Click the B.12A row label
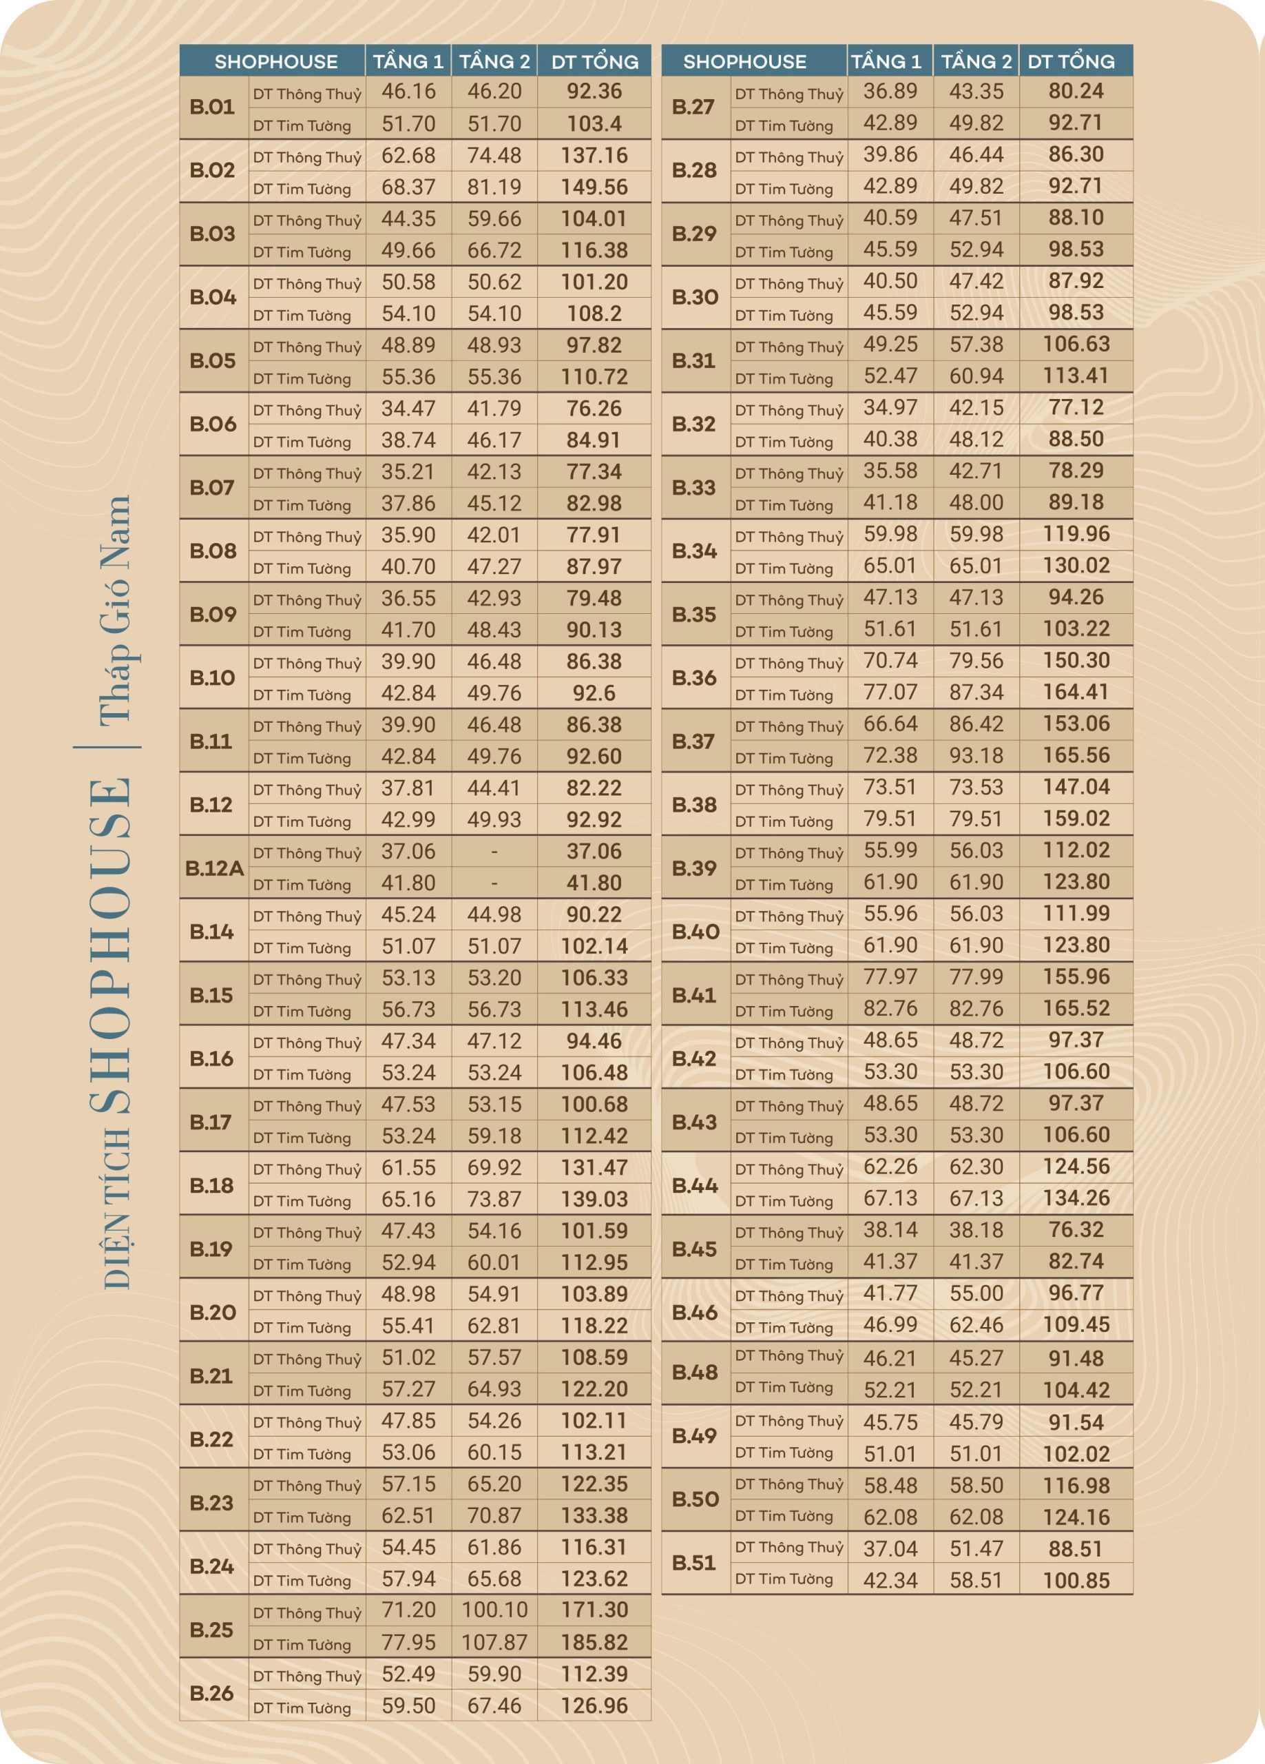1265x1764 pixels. (x=213, y=868)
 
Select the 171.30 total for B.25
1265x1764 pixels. (x=594, y=1610)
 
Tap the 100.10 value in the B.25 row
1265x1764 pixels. (x=494, y=1610)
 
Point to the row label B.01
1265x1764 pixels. (x=212, y=107)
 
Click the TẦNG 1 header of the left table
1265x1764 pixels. (x=408, y=61)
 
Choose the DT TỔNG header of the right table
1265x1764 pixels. (x=1071, y=61)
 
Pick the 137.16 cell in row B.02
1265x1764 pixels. (x=594, y=156)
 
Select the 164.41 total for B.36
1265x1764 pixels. (x=1076, y=693)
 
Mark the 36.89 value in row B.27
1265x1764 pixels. (x=890, y=91)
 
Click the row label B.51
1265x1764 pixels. (x=694, y=1563)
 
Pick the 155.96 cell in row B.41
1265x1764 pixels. (x=1076, y=977)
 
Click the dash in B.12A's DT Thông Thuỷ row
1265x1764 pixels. (x=494, y=852)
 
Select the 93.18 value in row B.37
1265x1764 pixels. (x=976, y=755)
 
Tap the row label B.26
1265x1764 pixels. (x=211, y=1692)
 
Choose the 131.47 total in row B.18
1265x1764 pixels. (x=594, y=1167)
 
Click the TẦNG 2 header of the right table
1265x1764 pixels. (x=976, y=61)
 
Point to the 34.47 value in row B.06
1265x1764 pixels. (x=408, y=409)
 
